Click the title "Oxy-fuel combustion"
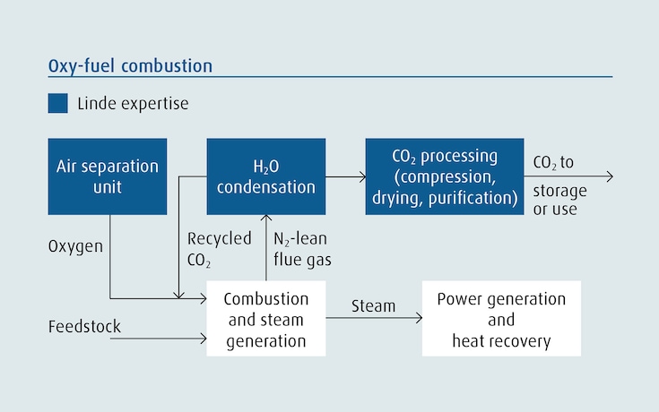tap(130, 66)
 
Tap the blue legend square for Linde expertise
tap(57, 104)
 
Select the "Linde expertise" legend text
tap(133, 104)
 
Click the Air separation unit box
tap(108, 176)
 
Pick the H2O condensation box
tap(265, 176)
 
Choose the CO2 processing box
tap(444, 176)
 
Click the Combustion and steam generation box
tap(265, 319)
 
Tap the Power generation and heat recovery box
tap(501, 319)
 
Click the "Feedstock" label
tap(84, 326)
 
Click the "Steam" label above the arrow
tap(373, 306)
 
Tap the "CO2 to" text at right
tap(553, 163)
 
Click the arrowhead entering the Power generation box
tap(419, 319)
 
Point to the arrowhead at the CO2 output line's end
tap(610, 176)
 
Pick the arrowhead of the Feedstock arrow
tap(203, 339)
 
